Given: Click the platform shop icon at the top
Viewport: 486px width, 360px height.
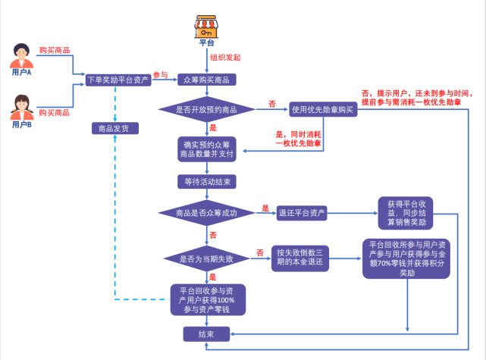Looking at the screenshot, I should (x=206, y=26).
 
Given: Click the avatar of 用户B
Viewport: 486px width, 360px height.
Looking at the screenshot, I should (x=22, y=106).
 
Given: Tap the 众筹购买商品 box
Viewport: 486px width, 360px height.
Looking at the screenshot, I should (x=206, y=79).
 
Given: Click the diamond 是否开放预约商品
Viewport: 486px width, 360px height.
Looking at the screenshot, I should (x=207, y=110).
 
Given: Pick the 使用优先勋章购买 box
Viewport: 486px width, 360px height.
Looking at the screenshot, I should (x=321, y=110).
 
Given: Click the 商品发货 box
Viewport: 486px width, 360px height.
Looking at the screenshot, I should (x=114, y=128).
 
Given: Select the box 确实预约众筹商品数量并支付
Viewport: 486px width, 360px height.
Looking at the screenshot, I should (x=207, y=149).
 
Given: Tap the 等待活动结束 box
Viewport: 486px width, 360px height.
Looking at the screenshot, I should (x=207, y=182).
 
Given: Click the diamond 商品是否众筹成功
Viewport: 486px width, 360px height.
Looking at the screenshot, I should (x=206, y=214).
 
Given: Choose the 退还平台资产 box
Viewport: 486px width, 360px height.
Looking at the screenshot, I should (x=303, y=214).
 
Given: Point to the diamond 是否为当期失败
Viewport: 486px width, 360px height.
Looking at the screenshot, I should (x=206, y=258).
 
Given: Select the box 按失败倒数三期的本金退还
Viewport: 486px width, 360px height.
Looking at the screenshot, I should (x=299, y=258).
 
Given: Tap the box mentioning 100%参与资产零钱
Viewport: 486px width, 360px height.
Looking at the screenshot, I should (x=206, y=299).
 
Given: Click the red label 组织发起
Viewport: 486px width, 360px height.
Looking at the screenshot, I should (x=225, y=58).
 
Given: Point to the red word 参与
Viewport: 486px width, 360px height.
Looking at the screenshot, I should (x=160, y=74).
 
